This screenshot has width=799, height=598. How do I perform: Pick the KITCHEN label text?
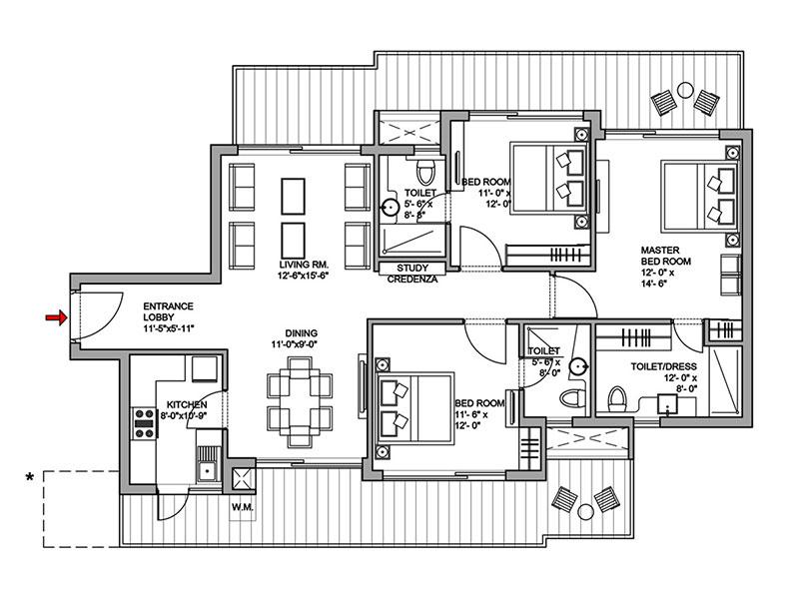187,405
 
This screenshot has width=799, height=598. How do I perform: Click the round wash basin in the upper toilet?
391,209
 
